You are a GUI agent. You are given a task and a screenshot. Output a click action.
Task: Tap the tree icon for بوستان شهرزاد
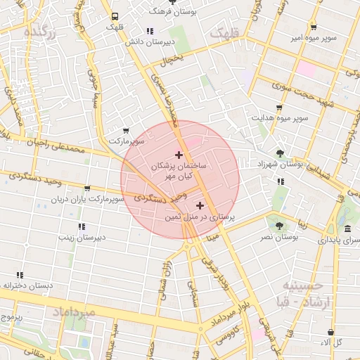[x=280, y=153]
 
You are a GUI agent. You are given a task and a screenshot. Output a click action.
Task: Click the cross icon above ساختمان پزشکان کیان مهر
[x=179, y=155]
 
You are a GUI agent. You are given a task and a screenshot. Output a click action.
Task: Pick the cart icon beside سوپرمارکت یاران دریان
[x=87, y=188]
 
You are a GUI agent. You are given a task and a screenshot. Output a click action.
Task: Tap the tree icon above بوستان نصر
[x=280, y=226]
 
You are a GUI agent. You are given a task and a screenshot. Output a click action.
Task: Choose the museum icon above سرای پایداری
[x=348, y=229]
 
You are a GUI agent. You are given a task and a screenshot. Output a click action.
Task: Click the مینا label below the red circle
[x=212, y=237]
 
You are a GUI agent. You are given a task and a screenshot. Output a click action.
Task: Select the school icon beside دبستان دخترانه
[x=20, y=275]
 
